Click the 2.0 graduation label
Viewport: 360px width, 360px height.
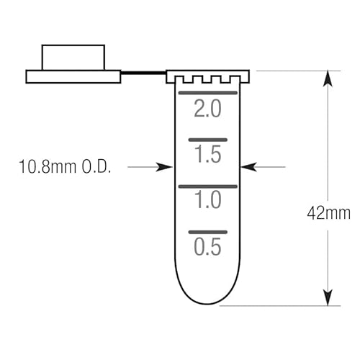pos(207,109)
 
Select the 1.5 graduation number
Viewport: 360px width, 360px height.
pos(207,154)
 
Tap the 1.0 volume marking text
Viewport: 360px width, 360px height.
pos(207,201)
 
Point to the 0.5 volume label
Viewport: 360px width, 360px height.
pos(207,247)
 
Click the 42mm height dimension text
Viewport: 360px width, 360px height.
pos(328,213)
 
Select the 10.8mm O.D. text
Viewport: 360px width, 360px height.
pos(66,167)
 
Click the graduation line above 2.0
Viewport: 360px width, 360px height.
pos(207,94)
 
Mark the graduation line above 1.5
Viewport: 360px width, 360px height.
pos(207,139)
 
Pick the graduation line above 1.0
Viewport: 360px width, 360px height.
pos(207,186)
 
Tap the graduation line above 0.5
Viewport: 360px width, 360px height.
pos(207,232)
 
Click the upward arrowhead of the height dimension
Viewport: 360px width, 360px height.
pos(328,79)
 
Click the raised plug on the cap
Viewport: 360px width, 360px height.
pos(73,58)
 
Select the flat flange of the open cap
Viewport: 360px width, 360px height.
pos(73,76)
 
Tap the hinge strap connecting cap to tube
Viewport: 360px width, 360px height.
pos(143,73)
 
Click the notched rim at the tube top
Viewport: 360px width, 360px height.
pos(207,76)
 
